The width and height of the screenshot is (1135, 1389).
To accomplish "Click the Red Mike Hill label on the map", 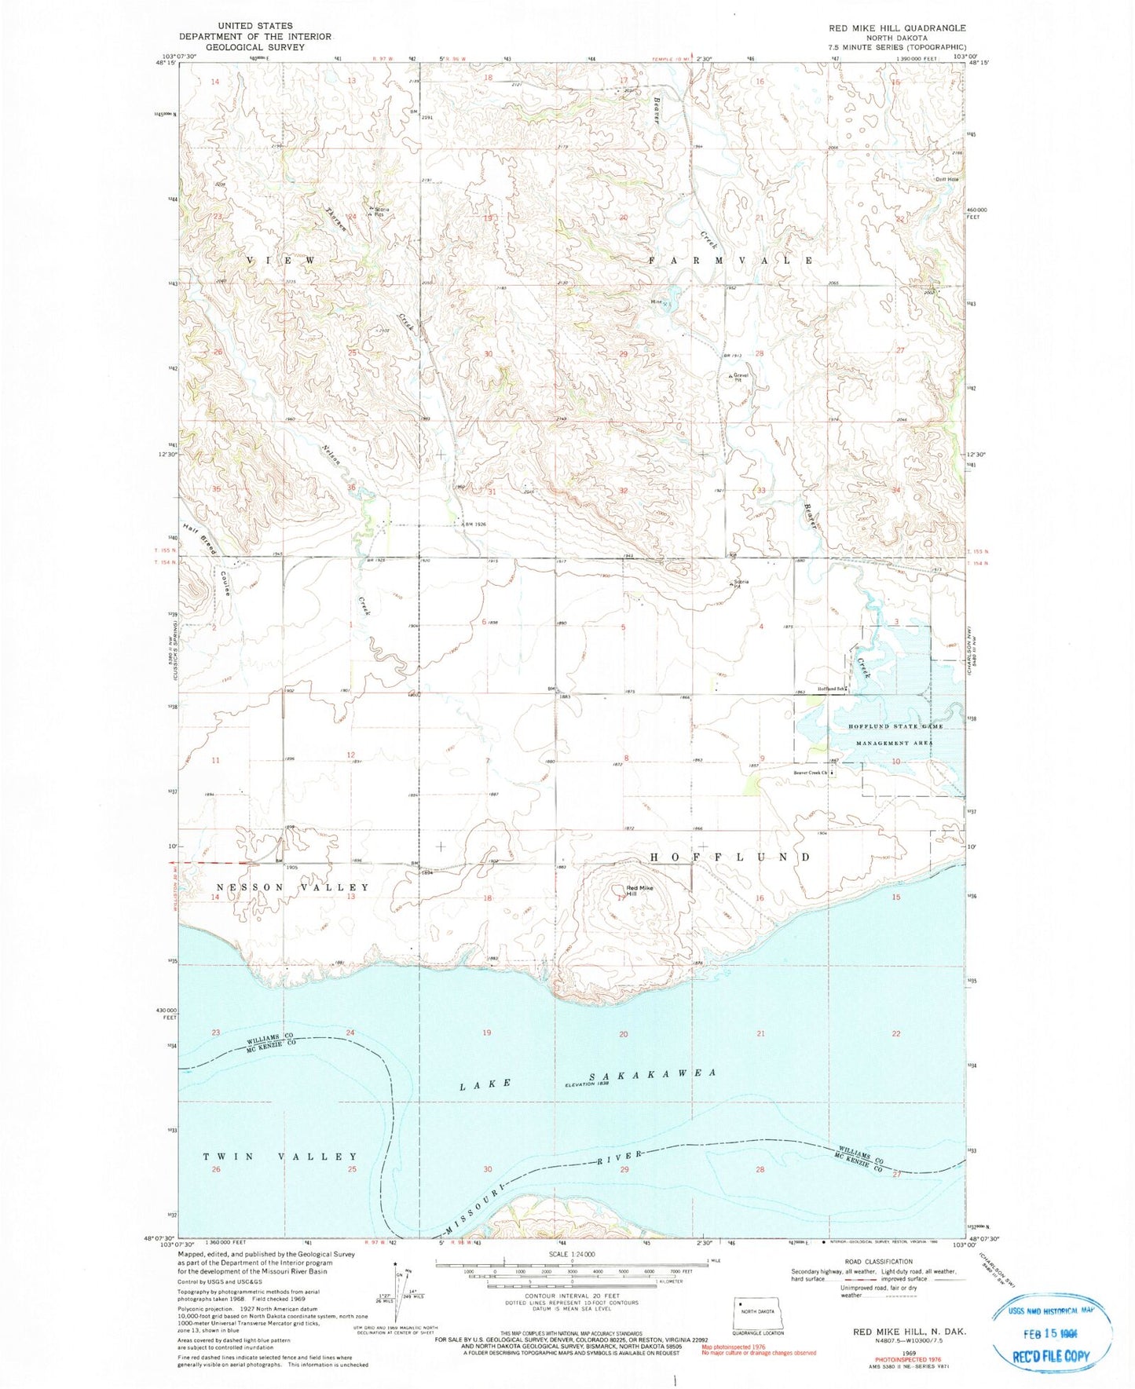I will pyautogui.click(x=639, y=890).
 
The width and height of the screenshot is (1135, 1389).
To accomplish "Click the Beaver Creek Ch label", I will pyautogui.click(x=811, y=772).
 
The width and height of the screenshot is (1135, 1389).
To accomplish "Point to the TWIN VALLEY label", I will pyautogui.click(x=280, y=1157).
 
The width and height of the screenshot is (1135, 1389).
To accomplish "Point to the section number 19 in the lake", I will pyautogui.click(x=487, y=1033).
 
